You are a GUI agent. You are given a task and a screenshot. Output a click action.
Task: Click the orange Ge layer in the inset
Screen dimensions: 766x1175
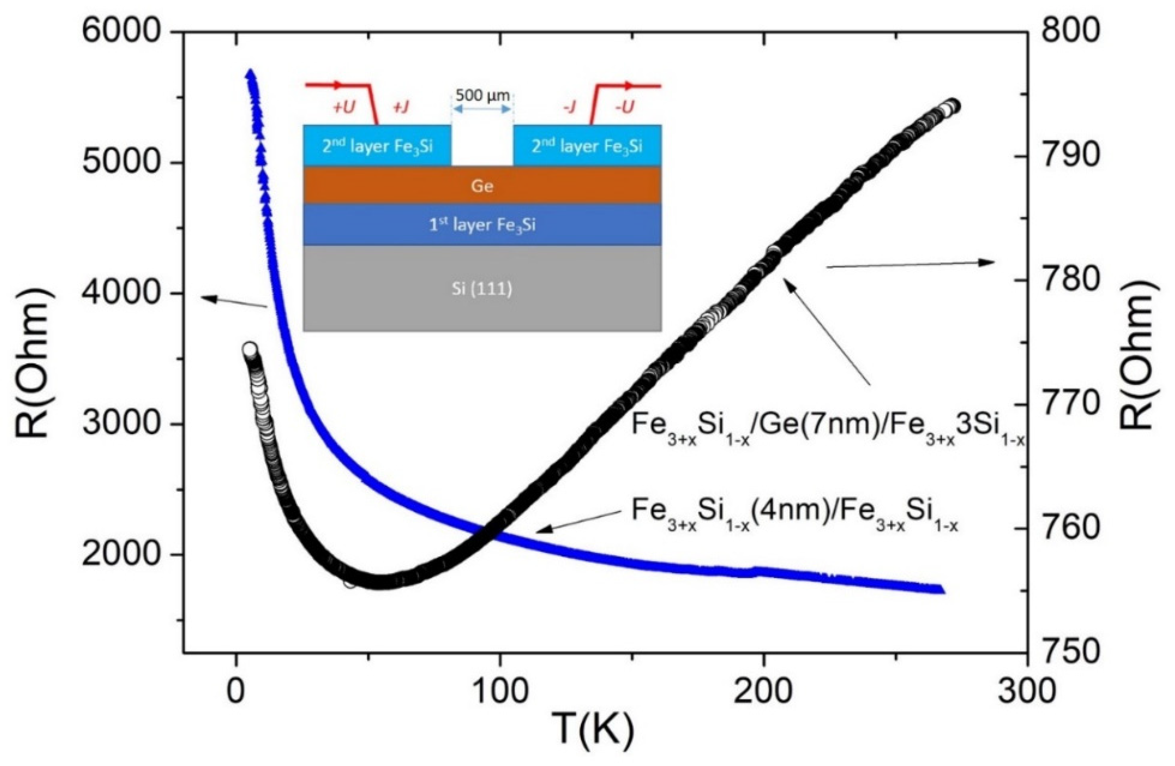[482, 186]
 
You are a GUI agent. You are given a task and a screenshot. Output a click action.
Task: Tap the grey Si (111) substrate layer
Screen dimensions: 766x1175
[482, 288]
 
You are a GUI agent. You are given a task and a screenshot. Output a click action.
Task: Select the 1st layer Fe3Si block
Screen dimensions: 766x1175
[482, 225]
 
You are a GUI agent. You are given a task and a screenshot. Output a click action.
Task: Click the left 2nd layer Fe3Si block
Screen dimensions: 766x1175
[377, 146]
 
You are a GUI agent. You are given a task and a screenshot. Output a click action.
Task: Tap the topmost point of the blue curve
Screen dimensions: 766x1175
[251, 73]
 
